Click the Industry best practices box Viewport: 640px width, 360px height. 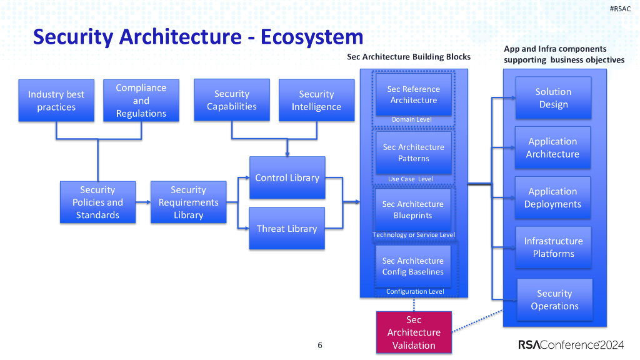click(56, 101)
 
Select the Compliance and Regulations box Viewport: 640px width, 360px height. click(141, 101)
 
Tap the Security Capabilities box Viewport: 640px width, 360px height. click(232, 100)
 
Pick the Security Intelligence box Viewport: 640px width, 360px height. click(316, 101)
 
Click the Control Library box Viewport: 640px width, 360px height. click(287, 178)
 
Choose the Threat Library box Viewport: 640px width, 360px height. click(287, 229)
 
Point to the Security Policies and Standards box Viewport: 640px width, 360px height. click(97, 202)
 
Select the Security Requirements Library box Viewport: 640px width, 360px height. click(188, 202)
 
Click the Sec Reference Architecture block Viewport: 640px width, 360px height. click(413, 94)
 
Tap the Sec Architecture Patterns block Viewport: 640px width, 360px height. click(413, 152)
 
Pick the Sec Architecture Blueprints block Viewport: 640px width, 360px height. click(412, 209)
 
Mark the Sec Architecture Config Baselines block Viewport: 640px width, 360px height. click(412, 266)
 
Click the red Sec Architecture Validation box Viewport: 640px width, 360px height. click(414, 332)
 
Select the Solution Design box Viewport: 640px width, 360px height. click(553, 98)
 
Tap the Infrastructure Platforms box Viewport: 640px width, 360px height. click(553, 247)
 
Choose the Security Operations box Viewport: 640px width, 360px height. click(554, 300)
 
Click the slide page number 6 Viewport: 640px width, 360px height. click(320, 345)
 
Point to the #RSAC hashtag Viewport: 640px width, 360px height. click(620, 8)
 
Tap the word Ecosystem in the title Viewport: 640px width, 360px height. click(312, 37)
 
